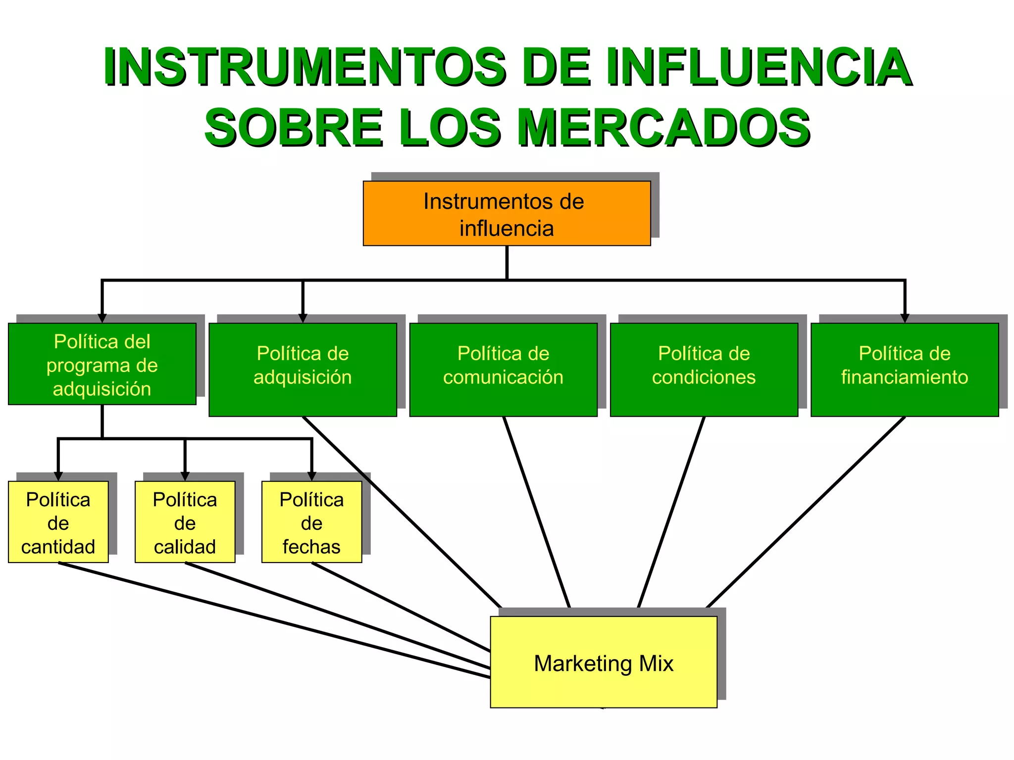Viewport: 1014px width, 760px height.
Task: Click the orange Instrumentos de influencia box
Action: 507,213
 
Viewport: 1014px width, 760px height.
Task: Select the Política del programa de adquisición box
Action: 102,364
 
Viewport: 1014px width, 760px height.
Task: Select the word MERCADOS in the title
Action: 663,128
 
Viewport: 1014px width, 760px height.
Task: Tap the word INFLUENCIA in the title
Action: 758,67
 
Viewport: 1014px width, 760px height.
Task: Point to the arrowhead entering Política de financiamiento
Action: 905,318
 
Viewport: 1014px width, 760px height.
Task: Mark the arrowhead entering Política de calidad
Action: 185,476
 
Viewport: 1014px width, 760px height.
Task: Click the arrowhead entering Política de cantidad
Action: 58,476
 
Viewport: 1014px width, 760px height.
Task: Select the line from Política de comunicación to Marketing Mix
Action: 537,512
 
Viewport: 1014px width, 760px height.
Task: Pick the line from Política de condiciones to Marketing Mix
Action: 671,512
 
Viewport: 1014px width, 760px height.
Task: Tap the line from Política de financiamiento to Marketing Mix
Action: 806,512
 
